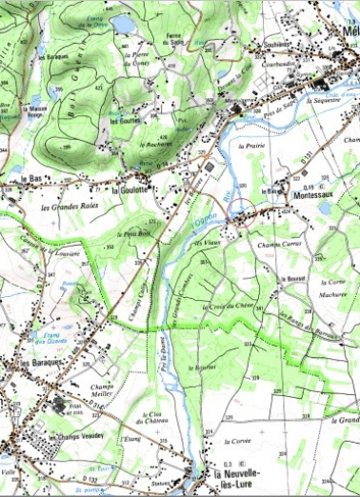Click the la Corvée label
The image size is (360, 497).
238,442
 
